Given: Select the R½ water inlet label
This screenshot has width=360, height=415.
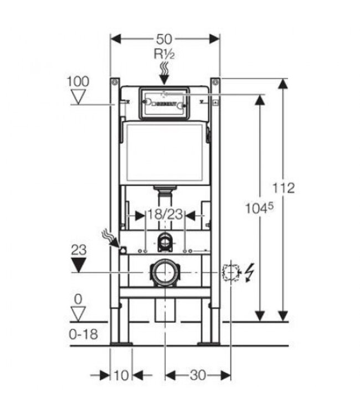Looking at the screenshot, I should point(164,55).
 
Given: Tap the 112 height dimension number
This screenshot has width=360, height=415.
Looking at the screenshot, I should point(284,188).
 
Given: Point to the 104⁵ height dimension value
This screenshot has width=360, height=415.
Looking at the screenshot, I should point(259,209).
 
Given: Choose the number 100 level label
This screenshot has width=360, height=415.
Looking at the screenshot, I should point(78,81).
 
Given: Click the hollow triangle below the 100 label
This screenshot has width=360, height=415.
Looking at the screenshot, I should point(80,97).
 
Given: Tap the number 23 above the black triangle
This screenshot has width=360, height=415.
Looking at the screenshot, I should point(79,250).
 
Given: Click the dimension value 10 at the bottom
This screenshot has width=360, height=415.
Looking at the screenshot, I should point(121,376).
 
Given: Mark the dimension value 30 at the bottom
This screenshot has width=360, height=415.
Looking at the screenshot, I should point(198,376).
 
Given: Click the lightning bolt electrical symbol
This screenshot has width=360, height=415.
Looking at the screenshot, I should point(249,273).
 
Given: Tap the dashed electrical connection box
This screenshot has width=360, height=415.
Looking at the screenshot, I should point(229,273).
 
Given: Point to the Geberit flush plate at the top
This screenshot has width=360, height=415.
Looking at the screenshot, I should point(164,102).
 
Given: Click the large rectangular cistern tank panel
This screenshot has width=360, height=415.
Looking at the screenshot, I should point(164,152).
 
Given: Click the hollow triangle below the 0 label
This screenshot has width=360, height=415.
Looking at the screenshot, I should point(80,314).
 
